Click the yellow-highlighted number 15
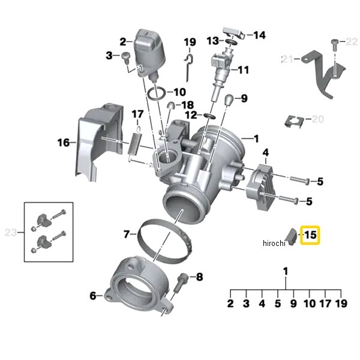click(310, 235)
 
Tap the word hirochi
click(274, 243)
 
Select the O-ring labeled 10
click(157, 94)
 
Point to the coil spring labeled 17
click(134, 145)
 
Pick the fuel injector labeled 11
click(221, 73)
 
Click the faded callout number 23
click(11, 233)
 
